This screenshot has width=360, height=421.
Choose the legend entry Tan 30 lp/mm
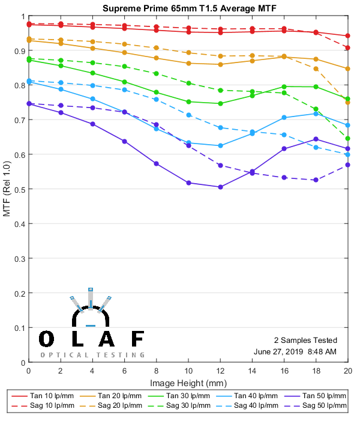[x=188, y=396]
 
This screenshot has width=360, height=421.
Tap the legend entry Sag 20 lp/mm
[x=121, y=407]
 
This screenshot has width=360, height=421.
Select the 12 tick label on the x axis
[x=220, y=372]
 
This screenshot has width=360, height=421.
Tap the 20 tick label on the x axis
[x=348, y=372]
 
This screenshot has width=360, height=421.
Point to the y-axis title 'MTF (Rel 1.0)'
[x=7, y=189]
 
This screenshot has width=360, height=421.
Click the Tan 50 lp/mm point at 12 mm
[x=220, y=187]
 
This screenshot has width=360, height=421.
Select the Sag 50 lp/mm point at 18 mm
[x=316, y=180]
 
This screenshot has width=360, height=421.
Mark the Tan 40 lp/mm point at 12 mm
[x=220, y=145]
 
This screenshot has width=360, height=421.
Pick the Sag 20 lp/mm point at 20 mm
[x=348, y=102]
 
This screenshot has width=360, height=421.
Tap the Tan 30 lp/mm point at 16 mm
[x=284, y=86]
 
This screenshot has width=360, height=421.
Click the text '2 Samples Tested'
[x=305, y=340]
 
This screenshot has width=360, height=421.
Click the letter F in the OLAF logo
[x=137, y=339]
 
